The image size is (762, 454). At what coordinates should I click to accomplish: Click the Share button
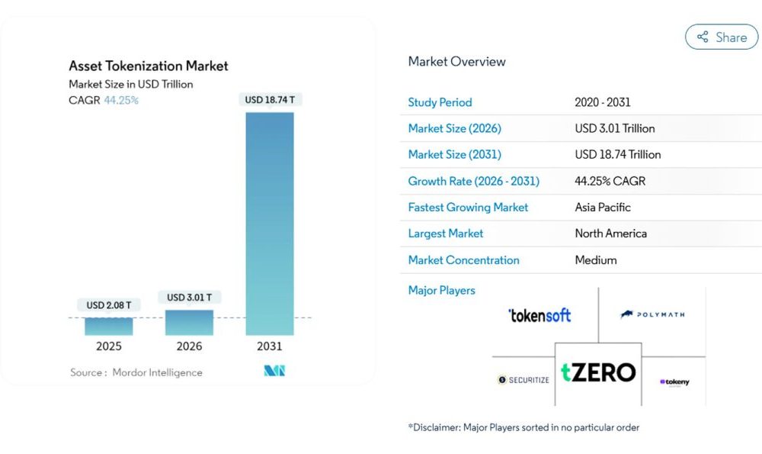tap(721, 37)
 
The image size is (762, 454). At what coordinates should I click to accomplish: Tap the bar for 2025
tap(108, 326)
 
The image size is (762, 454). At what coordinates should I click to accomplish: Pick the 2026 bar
tap(189, 322)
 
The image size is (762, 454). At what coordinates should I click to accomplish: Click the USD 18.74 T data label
tap(269, 100)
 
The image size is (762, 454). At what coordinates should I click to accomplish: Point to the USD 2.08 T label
tap(108, 305)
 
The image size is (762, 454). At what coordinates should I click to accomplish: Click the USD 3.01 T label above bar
tap(189, 297)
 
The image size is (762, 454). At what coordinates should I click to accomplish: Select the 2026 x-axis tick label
tap(189, 346)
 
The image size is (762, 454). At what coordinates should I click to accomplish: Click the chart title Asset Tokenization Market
tap(149, 66)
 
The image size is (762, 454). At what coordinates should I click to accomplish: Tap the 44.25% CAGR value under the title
tap(121, 100)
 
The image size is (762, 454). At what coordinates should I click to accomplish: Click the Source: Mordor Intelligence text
tap(136, 372)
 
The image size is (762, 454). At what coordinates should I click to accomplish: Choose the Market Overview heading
tap(456, 62)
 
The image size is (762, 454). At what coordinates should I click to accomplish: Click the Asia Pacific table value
tap(603, 208)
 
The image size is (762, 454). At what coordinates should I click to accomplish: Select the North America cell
tap(610, 233)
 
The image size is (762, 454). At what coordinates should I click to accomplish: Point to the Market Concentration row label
tap(463, 260)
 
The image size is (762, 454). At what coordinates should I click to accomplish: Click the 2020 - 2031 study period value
tap(603, 102)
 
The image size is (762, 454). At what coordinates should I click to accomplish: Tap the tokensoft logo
tap(539, 315)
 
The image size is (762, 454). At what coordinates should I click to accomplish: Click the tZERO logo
tap(598, 373)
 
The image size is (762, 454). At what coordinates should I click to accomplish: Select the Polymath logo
tap(652, 314)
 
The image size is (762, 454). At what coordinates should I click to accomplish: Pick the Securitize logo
tap(523, 379)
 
